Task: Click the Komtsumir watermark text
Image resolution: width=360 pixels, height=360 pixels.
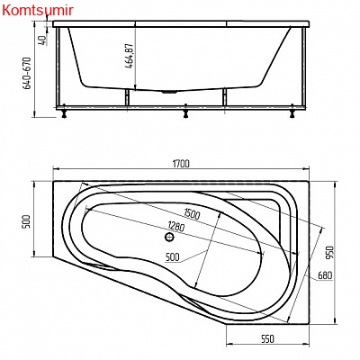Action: (x=38, y=11)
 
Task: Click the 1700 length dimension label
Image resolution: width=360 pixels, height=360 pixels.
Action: (x=181, y=164)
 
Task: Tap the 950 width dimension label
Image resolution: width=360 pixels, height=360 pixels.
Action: (x=329, y=253)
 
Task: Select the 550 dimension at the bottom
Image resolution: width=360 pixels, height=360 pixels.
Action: (x=266, y=338)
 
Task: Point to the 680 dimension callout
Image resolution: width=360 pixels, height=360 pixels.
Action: (x=325, y=274)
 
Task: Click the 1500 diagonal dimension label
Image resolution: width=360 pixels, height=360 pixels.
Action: (x=191, y=214)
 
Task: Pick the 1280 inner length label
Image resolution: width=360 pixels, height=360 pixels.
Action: (x=176, y=226)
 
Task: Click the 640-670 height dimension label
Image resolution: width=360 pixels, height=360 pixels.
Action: (x=27, y=73)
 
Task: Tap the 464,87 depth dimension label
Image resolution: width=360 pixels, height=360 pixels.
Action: (x=130, y=57)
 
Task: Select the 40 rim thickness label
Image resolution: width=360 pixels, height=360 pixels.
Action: (x=42, y=40)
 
